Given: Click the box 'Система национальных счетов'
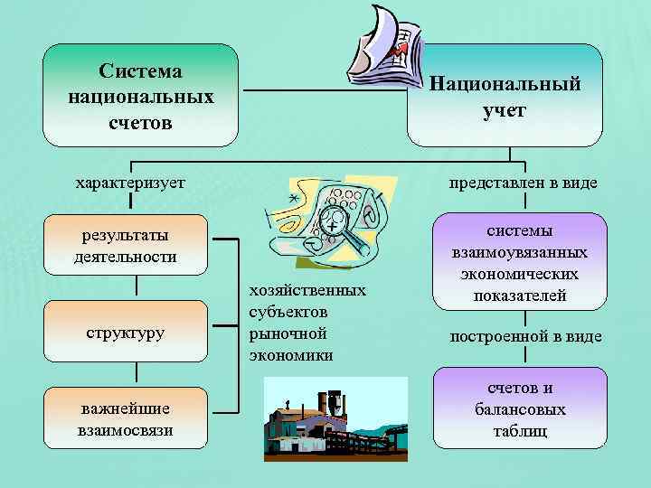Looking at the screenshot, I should coord(140,96).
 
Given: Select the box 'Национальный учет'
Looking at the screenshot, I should coord(505,96).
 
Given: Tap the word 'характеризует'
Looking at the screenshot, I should coord(130,183).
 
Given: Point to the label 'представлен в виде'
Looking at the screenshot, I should coord(524,183).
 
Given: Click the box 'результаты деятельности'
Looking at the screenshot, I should coord(126,246).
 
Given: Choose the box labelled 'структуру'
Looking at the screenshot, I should coord(126,332).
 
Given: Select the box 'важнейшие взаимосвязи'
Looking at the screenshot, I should coord(126,418).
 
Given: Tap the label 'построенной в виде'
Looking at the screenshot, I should coord(525,336).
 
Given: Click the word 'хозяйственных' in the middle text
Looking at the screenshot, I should coord(307,290).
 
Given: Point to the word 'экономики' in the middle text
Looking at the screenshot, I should coord(290,355).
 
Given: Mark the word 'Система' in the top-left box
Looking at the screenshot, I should coord(140,70).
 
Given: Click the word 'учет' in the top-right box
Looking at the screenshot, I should coord(505,110).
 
